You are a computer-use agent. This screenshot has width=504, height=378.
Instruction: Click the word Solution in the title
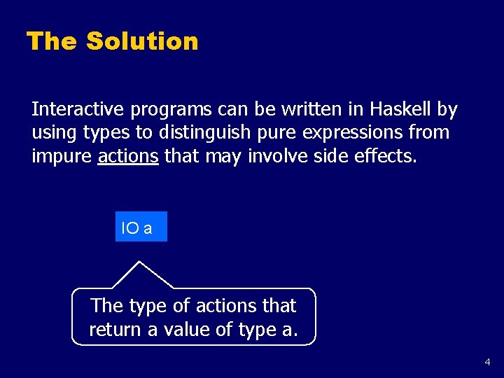142,41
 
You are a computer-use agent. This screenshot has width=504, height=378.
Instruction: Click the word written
295,110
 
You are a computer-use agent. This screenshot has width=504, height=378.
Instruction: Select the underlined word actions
128,156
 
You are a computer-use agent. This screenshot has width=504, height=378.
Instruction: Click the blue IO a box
141,227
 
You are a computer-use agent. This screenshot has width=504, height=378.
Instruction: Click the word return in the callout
114,329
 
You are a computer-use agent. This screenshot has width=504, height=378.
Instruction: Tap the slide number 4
488,363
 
